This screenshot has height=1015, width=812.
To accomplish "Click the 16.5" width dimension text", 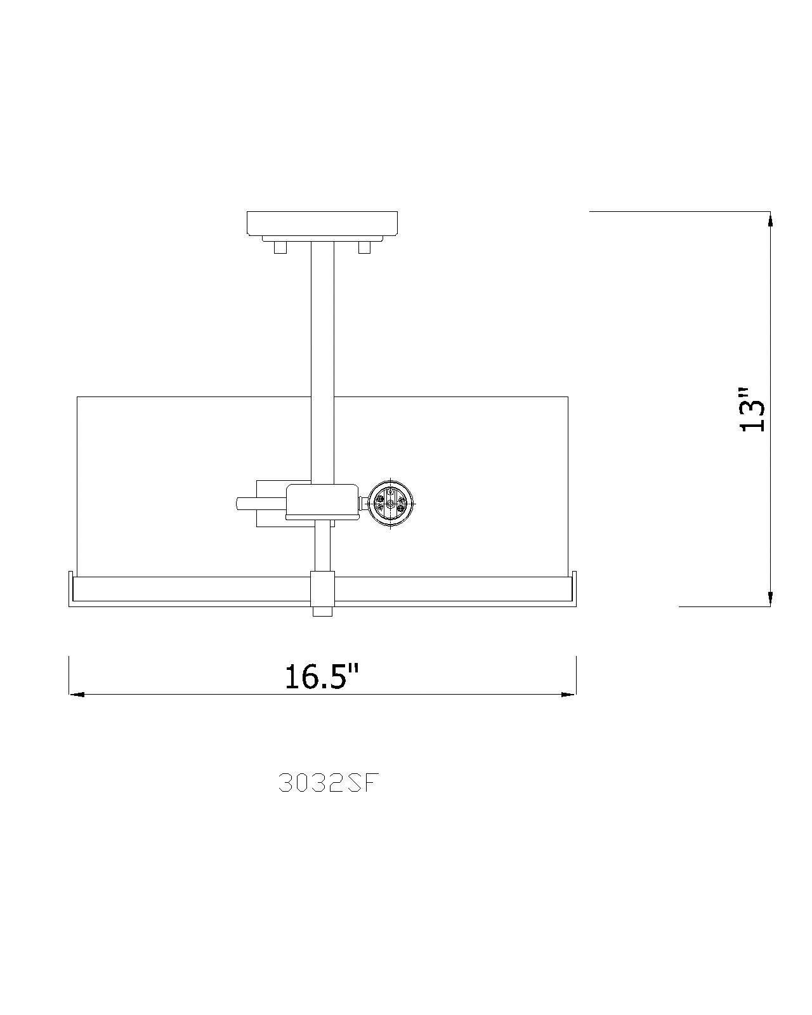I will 322,677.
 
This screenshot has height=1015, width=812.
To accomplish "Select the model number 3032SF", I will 329,784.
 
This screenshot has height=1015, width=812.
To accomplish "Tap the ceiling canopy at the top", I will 322,223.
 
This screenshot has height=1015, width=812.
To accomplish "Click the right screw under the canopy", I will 364,247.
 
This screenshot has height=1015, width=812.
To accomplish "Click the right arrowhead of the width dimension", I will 568,695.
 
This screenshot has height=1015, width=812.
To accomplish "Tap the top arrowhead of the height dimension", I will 770,219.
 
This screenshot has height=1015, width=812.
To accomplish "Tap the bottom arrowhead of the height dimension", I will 770,598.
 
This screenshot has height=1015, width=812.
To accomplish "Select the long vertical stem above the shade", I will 322,355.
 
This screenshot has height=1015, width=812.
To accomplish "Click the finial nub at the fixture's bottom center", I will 322,612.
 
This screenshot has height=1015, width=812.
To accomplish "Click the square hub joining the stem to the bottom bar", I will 322,588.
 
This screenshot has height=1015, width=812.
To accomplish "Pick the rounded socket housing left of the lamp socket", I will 322,501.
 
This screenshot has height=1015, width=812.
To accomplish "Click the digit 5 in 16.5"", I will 336,677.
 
